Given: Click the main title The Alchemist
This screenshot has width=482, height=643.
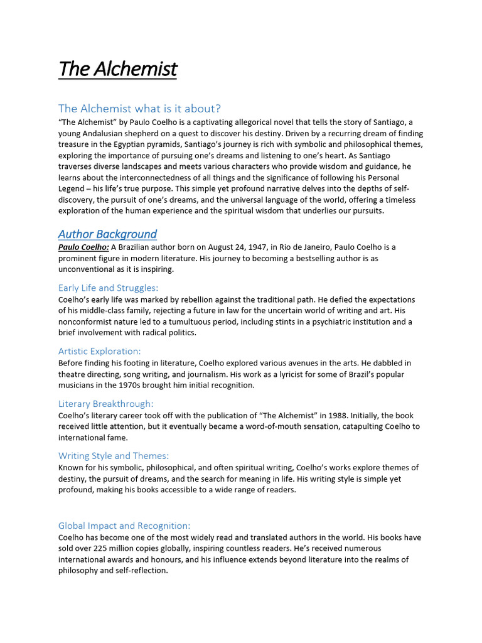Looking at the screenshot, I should coord(117,68).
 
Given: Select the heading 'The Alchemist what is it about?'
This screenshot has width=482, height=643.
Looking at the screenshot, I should coord(139,109).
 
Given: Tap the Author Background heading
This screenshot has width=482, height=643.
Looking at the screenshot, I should coord(107,234).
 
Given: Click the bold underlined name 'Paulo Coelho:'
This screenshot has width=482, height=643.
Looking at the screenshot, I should coord(83,247).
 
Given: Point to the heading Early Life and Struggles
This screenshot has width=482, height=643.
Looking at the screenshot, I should coord(108,288).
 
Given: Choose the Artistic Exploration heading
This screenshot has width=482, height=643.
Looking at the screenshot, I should coord(100,351).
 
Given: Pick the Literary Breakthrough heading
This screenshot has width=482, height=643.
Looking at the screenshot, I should coord(105,404).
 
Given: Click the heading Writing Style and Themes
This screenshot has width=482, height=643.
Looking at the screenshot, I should coord(114,456).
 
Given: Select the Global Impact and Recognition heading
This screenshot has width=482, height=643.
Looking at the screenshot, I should coord(124,526).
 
